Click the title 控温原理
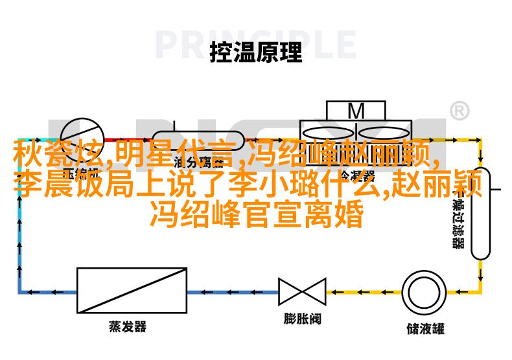[x=256, y=53]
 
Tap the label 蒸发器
[x=128, y=327]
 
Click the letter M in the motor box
[x=356, y=111]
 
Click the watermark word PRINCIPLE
[x=256, y=45]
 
